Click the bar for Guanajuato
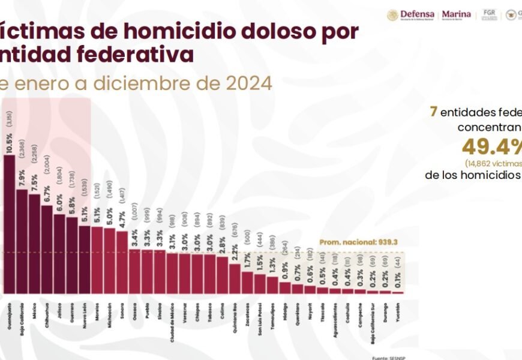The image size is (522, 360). [10, 225]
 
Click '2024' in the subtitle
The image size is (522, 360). [249, 83]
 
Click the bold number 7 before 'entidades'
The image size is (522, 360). [433, 112]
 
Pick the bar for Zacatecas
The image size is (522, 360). [247, 283]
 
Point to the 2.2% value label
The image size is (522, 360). [235, 254]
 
